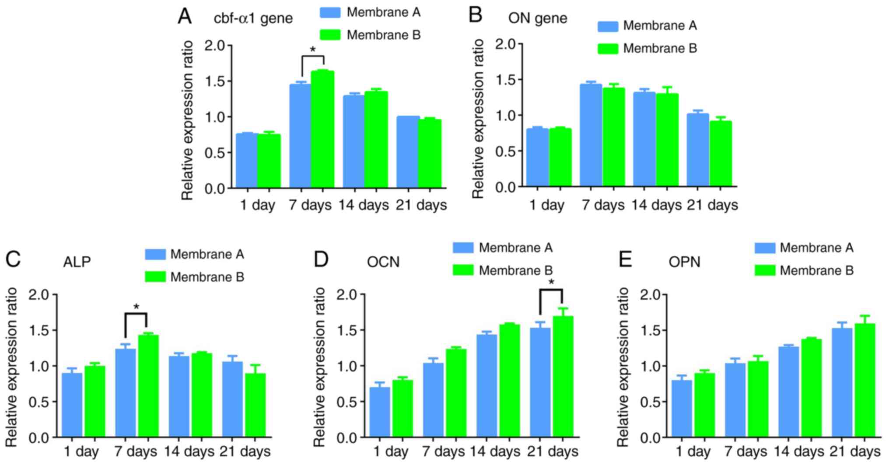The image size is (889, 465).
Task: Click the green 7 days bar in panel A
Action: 322,129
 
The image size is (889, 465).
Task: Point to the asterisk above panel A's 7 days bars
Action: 313,50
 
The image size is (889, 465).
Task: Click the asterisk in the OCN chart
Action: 551,283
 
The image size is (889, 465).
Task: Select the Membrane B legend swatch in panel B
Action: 608,49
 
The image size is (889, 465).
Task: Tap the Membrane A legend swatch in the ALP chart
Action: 155,254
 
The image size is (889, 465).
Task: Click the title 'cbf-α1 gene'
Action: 253,19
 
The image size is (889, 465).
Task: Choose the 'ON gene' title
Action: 537,18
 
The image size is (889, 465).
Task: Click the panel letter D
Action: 321,260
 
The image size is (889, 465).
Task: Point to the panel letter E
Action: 625,260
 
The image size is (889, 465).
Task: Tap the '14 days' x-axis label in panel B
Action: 656,205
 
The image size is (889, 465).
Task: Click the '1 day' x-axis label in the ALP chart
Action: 81,451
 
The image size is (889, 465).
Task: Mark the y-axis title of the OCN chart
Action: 320,367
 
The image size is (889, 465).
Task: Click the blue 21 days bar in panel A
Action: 407,152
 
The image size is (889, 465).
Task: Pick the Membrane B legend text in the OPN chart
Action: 816,271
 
